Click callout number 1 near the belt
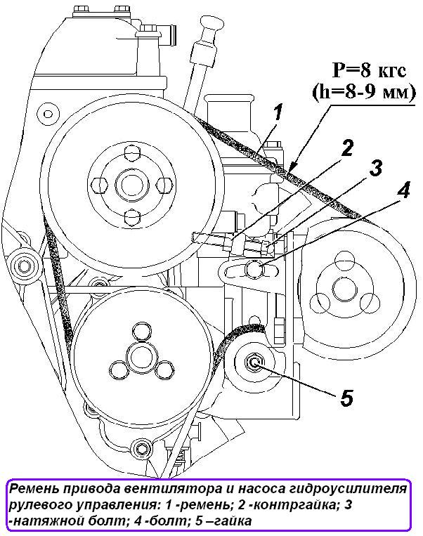278,112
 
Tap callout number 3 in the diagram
375,169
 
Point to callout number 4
403,189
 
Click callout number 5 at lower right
346,398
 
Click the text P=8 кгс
370,71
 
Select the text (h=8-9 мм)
363,92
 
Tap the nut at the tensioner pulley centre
254,362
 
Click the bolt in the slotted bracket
254,268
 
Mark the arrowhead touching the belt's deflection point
292,166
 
